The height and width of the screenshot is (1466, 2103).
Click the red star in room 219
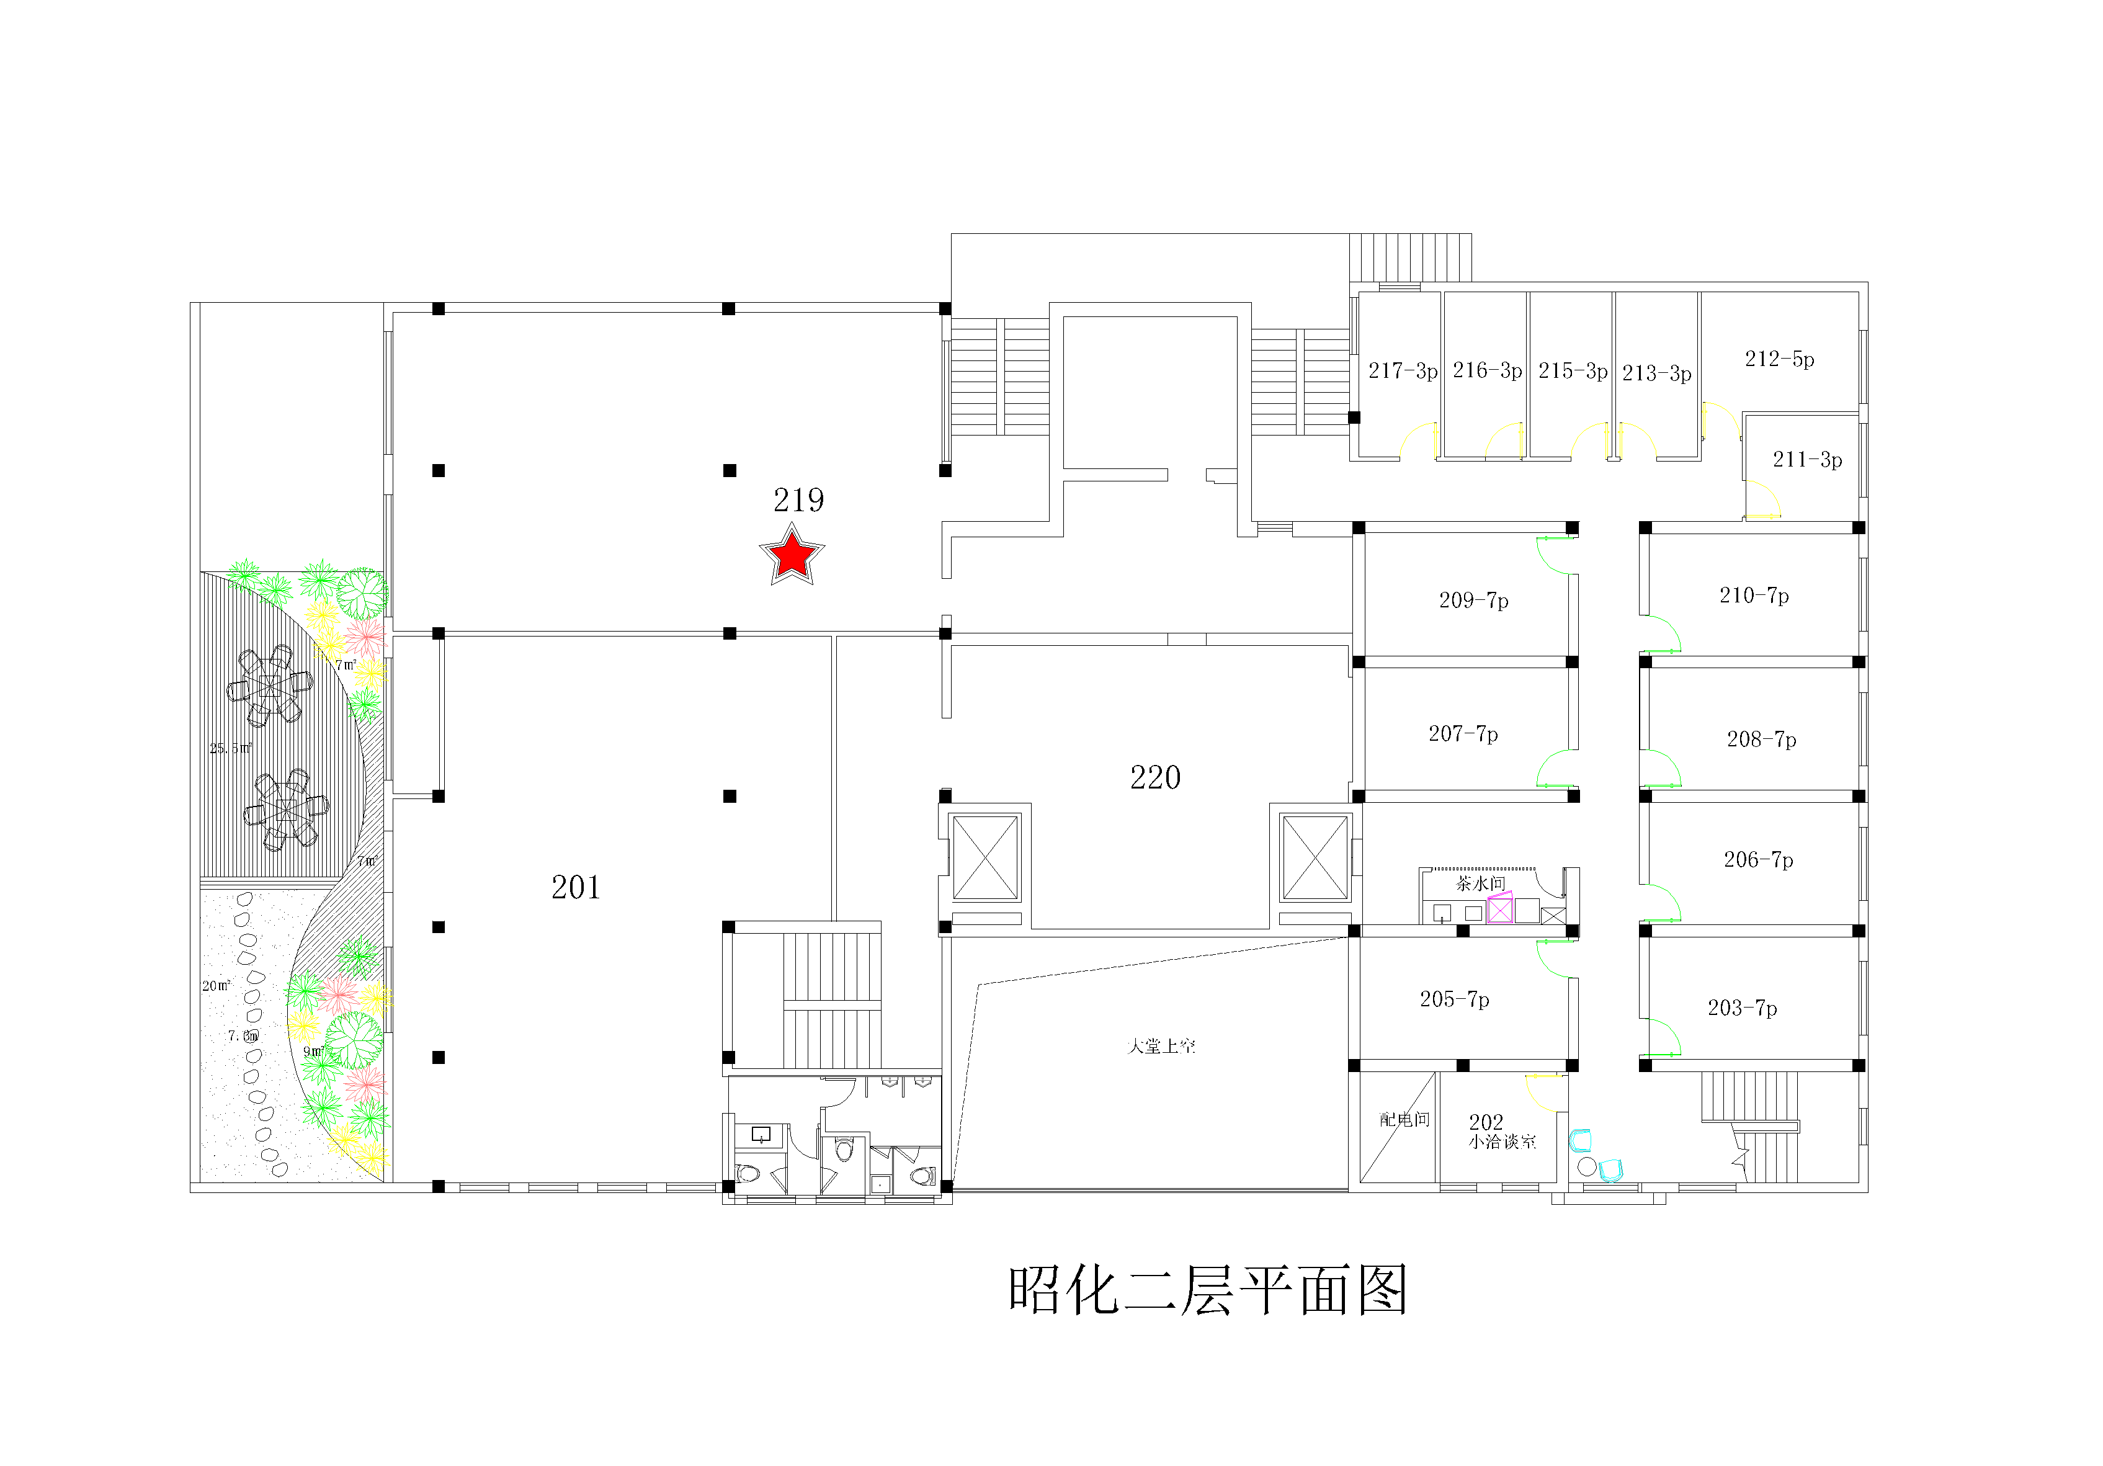[792, 555]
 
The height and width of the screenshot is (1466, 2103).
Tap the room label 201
[575, 887]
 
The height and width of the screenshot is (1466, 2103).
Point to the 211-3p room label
[1807, 460]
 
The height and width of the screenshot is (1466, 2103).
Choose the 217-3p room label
[1402, 371]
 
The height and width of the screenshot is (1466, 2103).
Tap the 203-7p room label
[1742, 1009]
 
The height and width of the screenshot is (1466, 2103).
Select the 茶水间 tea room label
[1481, 883]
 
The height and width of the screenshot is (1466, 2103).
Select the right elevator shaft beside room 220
[1315, 857]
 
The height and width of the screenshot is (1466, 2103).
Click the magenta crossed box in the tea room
[1499, 910]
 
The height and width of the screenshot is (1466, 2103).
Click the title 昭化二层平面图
[1207, 1292]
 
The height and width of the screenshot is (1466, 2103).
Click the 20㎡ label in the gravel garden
[216, 986]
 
